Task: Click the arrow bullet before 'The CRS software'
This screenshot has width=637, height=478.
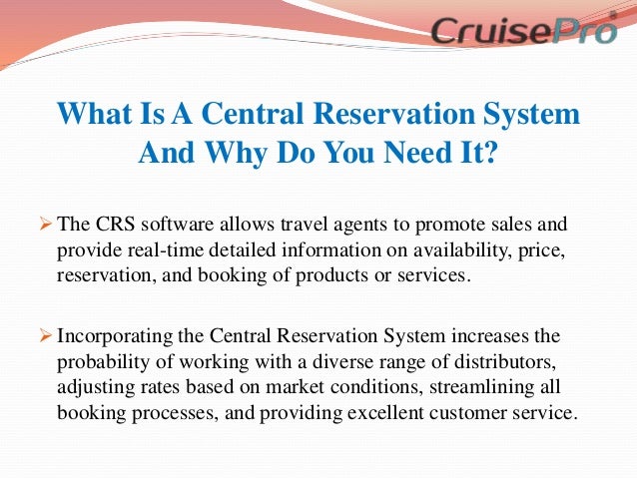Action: pos(48,222)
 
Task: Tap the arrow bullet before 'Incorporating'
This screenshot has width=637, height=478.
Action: pos(48,335)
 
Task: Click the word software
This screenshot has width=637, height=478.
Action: pos(180,223)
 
